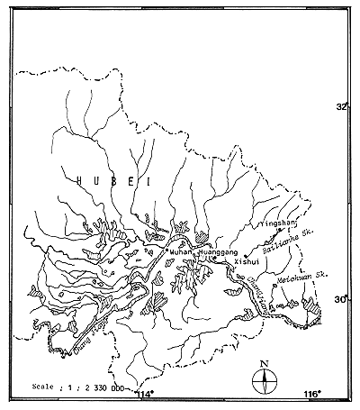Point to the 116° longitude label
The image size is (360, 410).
click(312, 395)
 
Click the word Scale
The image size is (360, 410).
click(40, 383)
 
